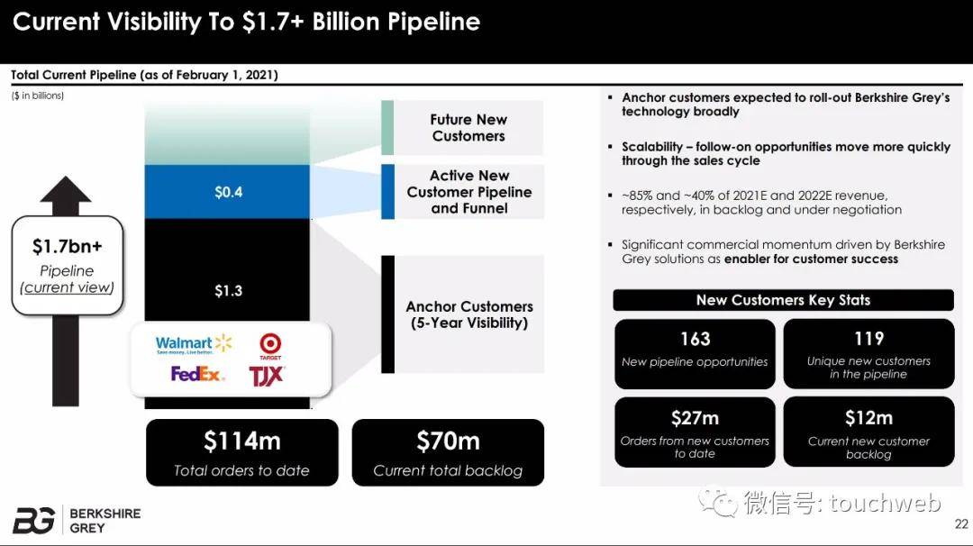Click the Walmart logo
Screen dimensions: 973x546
(x=194, y=344)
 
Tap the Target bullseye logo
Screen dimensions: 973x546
(x=270, y=346)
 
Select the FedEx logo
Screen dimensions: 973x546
(x=196, y=374)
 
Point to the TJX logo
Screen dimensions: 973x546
(x=266, y=376)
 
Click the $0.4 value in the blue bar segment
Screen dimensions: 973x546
(x=228, y=192)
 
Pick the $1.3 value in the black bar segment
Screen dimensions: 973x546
(x=228, y=291)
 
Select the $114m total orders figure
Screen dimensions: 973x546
(x=242, y=441)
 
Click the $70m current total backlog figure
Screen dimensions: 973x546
(x=448, y=441)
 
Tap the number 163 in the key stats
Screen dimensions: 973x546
(x=695, y=339)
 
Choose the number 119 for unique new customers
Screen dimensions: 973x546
(x=868, y=338)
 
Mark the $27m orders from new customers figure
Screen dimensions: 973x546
(x=695, y=418)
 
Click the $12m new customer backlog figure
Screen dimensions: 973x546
(x=868, y=418)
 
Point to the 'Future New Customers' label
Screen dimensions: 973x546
(x=468, y=128)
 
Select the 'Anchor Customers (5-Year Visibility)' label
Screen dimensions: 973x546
(x=469, y=314)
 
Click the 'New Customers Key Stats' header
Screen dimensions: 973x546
(x=783, y=300)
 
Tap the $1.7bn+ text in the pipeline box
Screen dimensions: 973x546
(x=67, y=246)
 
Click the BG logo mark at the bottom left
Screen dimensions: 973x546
(x=33, y=520)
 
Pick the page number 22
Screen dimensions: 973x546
(x=961, y=524)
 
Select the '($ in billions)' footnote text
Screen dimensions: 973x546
(x=37, y=96)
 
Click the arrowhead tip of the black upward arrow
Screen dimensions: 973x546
(x=65, y=177)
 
